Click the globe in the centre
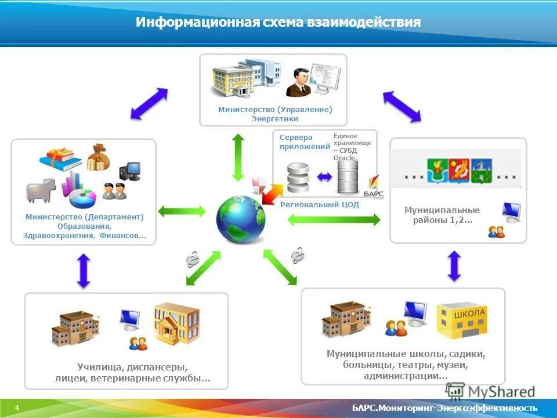(241, 221)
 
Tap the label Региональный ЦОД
(319, 205)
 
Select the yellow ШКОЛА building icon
(462, 320)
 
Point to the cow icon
(41, 190)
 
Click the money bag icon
(97, 157)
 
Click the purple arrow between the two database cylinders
(324, 177)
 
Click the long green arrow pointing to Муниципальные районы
(334, 219)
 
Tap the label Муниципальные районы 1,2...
(442, 215)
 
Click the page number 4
(17, 408)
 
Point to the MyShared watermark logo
(490, 392)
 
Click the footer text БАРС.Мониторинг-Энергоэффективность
(444, 408)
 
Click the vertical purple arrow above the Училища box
(84, 271)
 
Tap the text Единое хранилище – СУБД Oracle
(352, 146)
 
